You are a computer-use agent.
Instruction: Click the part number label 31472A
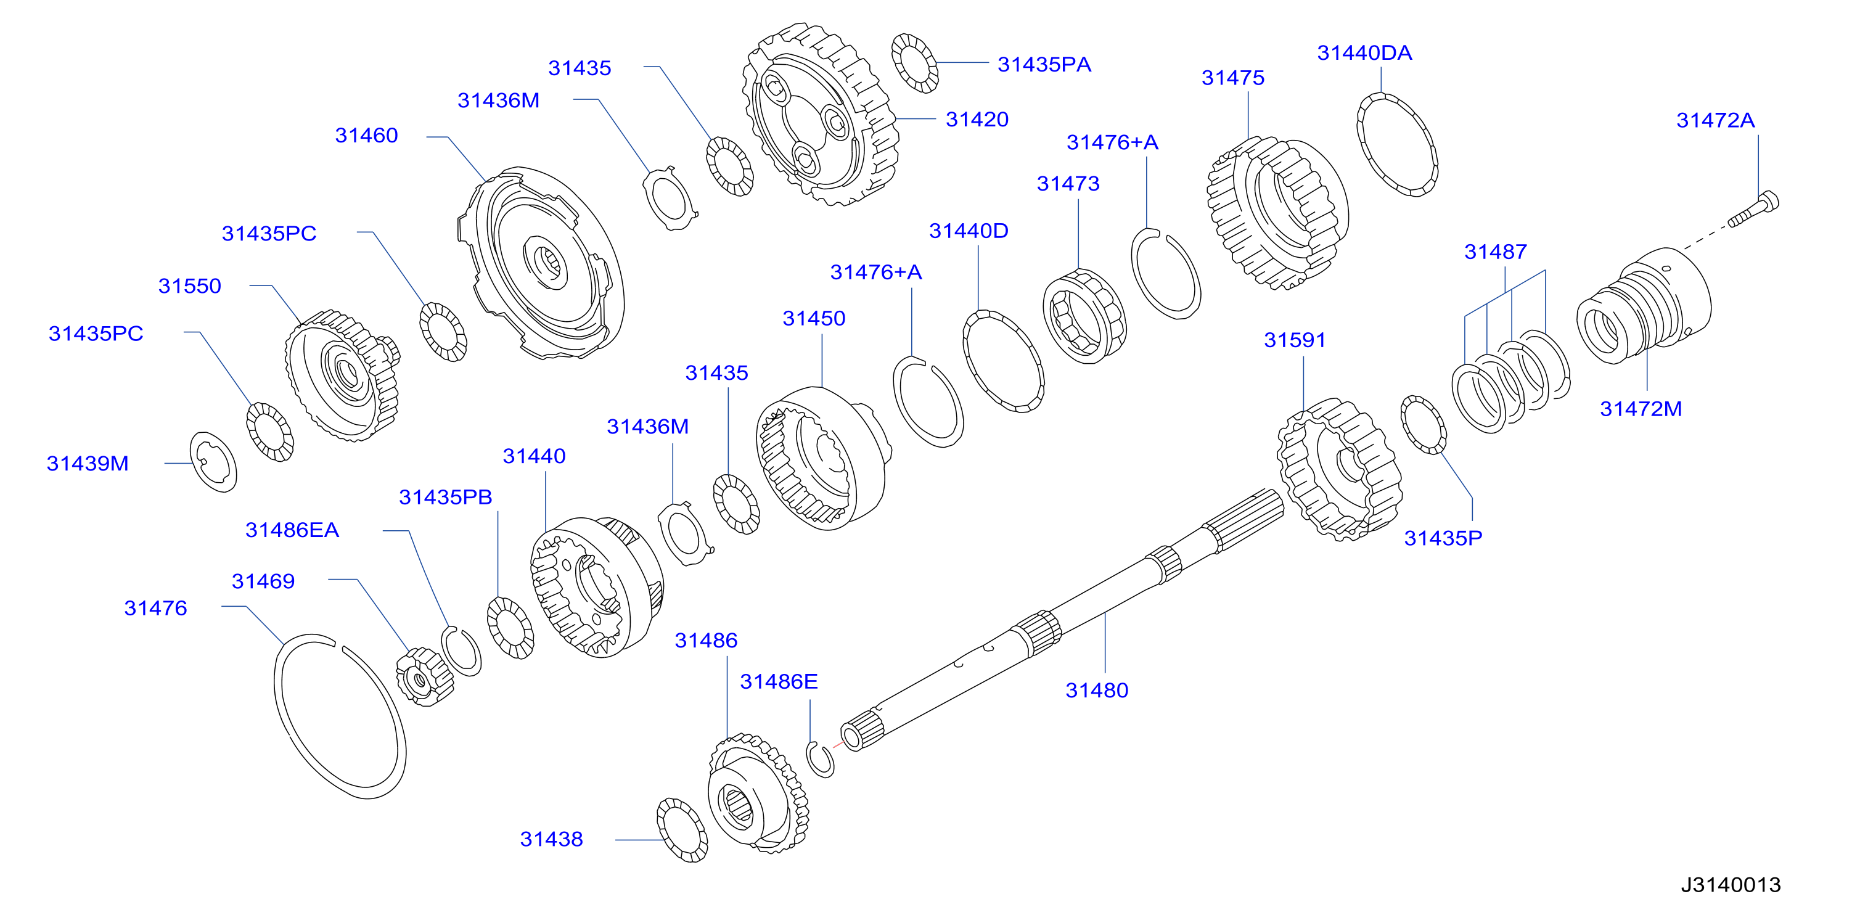coord(1715,121)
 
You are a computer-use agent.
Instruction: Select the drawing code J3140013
coord(1731,885)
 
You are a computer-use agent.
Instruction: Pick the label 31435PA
coord(1044,65)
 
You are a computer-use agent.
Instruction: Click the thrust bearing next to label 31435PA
coord(914,64)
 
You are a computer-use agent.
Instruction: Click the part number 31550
coord(190,286)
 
